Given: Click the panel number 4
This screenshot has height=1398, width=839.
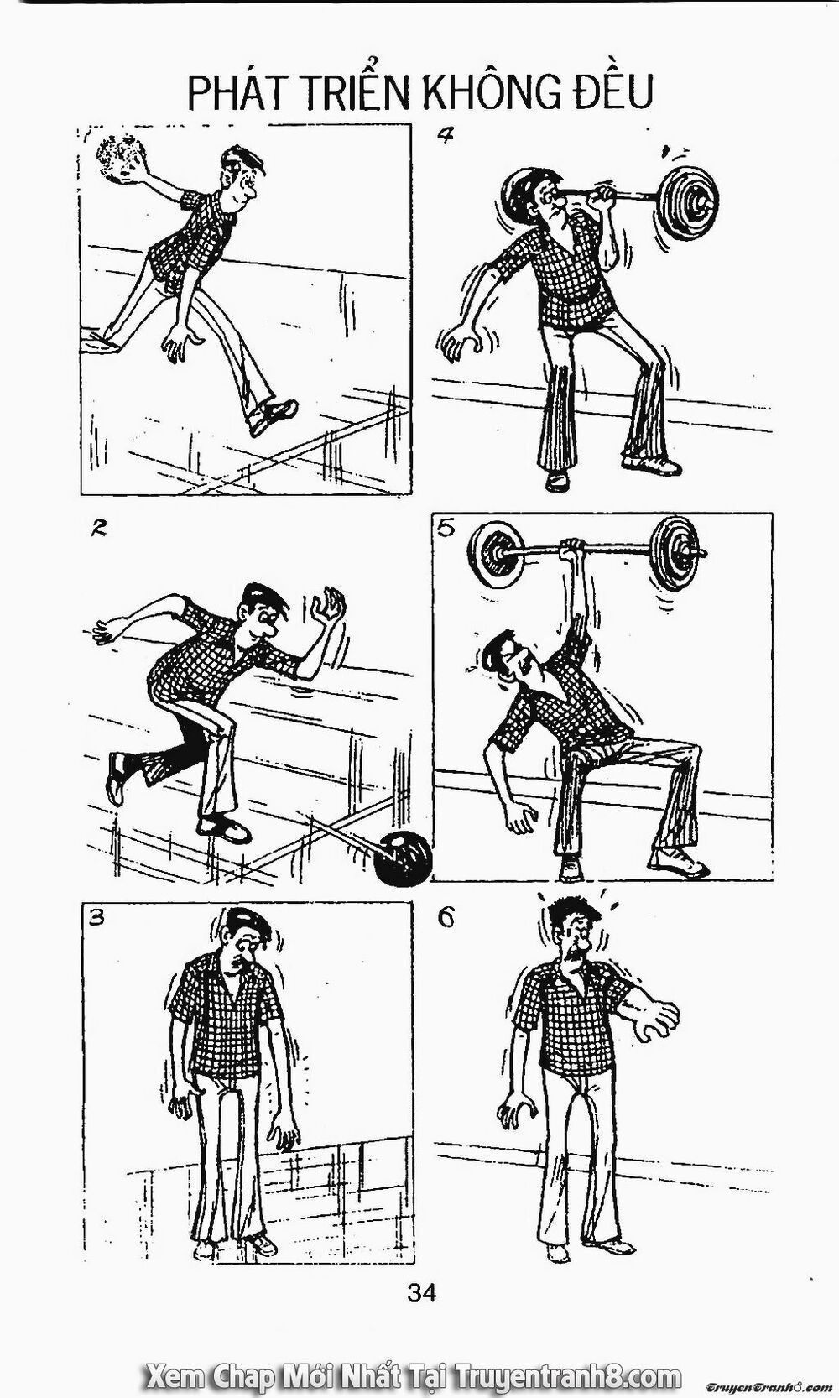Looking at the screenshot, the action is click(x=445, y=135).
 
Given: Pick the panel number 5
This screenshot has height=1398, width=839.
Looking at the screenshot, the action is click(x=446, y=529).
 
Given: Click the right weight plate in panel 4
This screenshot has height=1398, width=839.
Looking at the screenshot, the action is click(x=687, y=201).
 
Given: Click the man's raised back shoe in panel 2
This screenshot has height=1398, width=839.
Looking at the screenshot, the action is click(x=116, y=777).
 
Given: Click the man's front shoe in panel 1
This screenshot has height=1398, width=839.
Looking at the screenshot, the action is click(x=273, y=415).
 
